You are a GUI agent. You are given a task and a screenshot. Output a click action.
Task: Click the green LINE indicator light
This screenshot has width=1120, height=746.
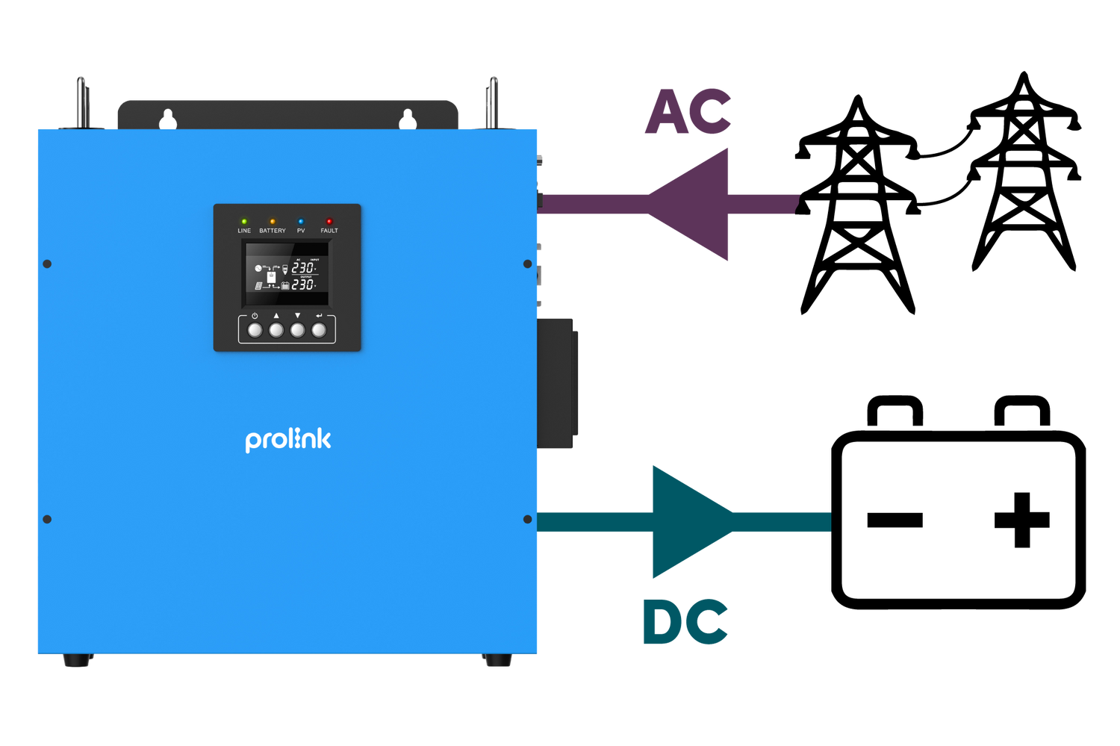tap(244, 222)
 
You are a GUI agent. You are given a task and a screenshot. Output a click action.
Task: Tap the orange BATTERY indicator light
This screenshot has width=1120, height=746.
tap(273, 222)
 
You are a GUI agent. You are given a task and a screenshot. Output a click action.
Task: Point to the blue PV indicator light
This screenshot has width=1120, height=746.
tap(301, 222)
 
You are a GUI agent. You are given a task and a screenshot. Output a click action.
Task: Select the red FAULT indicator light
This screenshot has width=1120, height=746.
tap(329, 222)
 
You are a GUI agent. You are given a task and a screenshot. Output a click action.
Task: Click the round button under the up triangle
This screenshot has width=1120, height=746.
tap(276, 330)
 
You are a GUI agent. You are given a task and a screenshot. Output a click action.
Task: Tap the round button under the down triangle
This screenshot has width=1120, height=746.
tap(297, 330)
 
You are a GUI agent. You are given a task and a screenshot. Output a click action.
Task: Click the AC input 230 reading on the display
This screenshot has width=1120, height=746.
tap(302, 268)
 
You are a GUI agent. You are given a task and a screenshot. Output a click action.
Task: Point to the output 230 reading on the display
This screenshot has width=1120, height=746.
tap(302, 285)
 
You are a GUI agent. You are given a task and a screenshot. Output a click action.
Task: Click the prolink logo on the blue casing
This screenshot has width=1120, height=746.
tap(287, 439)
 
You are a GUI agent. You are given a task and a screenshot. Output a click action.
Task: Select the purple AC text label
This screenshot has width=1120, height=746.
tap(688, 112)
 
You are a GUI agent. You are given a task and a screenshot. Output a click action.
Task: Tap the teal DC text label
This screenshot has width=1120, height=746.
tap(685, 622)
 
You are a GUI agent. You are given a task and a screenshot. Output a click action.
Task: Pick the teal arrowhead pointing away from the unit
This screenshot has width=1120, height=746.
tap(691, 521)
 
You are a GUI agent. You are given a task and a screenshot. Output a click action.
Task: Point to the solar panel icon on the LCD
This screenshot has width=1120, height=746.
tap(258, 286)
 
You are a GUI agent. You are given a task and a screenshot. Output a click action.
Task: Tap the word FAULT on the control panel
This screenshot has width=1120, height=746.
tap(329, 231)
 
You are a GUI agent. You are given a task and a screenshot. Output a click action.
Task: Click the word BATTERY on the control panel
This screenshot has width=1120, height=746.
tap(273, 231)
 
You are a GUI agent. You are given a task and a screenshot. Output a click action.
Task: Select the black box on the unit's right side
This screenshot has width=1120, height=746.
tap(557, 383)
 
